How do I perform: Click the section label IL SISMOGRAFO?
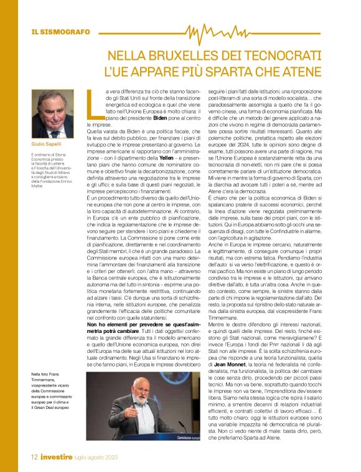57,31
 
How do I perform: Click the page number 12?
35,458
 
